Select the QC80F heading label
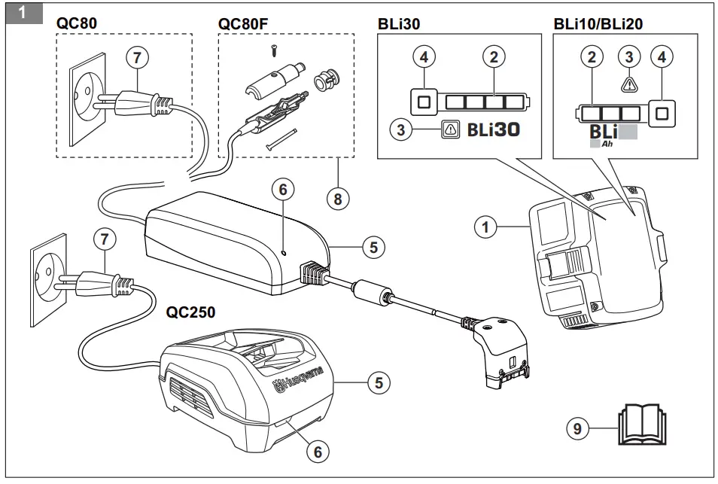coord(243,23)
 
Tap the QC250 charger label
coord(190,312)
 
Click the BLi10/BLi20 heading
coord(598,23)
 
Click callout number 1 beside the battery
coord(487,226)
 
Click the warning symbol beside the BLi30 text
coord(449,129)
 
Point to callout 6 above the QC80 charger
coord(283,190)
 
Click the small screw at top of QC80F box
coord(274,50)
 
